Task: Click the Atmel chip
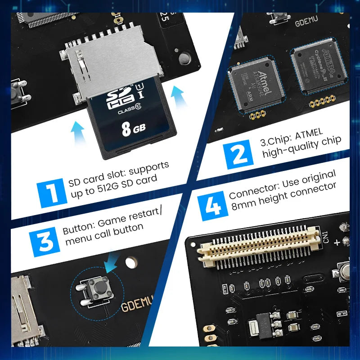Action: point(254,85)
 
